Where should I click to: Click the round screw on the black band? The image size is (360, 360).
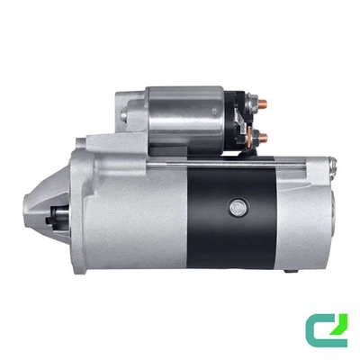pyautogui.click(x=236, y=205)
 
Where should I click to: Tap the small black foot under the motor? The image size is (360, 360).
pyautogui.click(x=286, y=271)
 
